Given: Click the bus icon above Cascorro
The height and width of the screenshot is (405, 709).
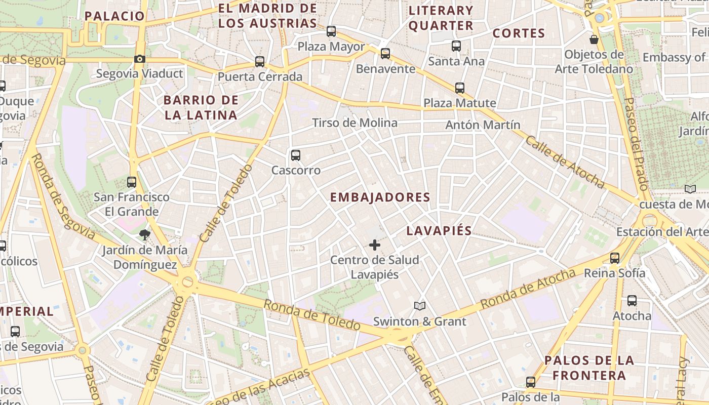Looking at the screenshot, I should pos(296,155).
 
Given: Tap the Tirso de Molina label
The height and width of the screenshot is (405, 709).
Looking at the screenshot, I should pos(354,123).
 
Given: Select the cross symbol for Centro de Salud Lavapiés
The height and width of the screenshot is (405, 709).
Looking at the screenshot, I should pos(375,246).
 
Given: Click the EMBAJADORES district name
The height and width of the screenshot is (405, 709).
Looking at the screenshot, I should pos(380,197).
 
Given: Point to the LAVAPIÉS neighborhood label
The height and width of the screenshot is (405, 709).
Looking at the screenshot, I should pos(439,231).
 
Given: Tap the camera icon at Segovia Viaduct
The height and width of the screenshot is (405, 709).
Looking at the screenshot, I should pos(140,59).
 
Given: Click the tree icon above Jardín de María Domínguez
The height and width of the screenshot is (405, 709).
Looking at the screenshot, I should pos(145,234).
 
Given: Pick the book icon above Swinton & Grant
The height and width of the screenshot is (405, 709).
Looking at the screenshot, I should pos(420,306).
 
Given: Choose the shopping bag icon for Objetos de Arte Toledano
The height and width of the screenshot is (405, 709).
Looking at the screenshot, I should pos(594,39).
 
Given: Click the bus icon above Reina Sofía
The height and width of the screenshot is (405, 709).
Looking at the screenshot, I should pos(615,258).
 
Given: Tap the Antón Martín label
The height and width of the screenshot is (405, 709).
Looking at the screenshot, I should pos(483,125).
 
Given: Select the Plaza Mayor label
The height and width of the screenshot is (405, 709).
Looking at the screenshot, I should pos(331,47).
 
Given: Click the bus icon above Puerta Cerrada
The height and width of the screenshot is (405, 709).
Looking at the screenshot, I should pos(260,62).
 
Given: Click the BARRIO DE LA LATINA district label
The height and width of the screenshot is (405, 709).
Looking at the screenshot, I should pos(201,107).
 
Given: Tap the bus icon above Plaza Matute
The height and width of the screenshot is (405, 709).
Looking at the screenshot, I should pos(460,88).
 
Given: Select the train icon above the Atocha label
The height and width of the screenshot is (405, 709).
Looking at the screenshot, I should pos(632,301).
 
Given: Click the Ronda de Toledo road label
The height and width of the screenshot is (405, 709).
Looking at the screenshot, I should pos(311,315).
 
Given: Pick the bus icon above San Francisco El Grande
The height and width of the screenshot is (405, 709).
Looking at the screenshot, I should pos(132,182).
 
